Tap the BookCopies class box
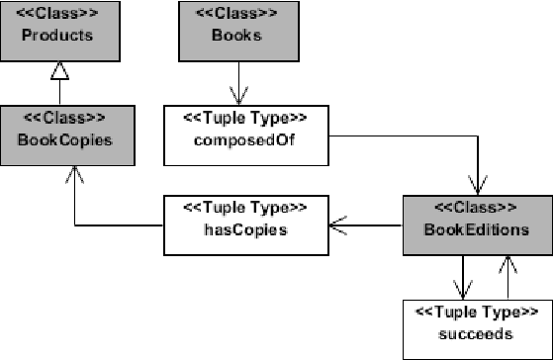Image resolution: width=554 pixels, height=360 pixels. [x=60, y=130]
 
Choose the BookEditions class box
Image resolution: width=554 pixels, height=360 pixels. [x=477, y=225]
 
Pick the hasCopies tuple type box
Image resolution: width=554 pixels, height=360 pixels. [x=237, y=225]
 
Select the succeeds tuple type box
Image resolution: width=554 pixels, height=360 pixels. [x=477, y=326]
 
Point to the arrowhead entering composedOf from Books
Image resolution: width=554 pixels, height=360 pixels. [x=237, y=96]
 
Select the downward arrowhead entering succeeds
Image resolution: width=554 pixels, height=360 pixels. [x=461, y=290]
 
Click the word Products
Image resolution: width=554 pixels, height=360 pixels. [x=60, y=36]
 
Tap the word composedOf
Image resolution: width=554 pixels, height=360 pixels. [x=237, y=138]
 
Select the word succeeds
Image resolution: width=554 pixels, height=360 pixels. [x=477, y=335]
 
